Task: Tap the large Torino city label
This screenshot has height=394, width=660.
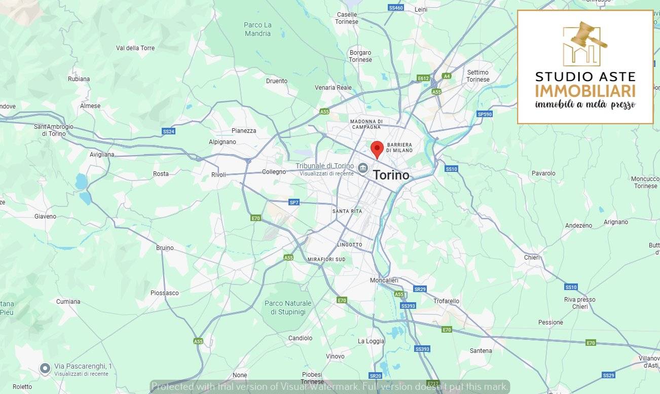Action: pyautogui.click(x=391, y=175)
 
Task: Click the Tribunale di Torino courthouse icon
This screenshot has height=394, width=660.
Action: pyautogui.click(x=363, y=168)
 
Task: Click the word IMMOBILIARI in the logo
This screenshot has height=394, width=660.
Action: pyautogui.click(x=585, y=91)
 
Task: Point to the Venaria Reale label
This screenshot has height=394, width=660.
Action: pyautogui.click(x=333, y=88)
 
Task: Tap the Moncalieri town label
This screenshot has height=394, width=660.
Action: pyautogui.click(x=384, y=280)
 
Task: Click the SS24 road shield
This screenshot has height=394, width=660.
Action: pyautogui.click(x=168, y=131)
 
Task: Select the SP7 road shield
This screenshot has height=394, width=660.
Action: pyautogui.click(x=294, y=202)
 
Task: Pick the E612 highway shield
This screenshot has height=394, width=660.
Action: pyautogui.click(x=423, y=78)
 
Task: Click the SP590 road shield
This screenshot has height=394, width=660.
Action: pyautogui.click(x=485, y=114)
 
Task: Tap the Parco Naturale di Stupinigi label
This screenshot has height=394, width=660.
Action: pyautogui.click(x=288, y=308)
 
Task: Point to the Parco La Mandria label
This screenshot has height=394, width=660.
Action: pyautogui.click(x=258, y=29)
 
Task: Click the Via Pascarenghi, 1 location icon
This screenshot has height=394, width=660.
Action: pyautogui.click(x=45, y=368)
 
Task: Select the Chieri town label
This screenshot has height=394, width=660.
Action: pyautogui.click(x=532, y=258)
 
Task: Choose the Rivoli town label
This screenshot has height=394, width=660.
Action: pyautogui.click(x=218, y=175)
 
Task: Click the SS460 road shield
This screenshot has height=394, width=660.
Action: pyautogui.click(x=395, y=8)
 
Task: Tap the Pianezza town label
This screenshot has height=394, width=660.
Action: pyautogui.click(x=244, y=131)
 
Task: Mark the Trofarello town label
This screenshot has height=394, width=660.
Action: pyautogui.click(x=446, y=301)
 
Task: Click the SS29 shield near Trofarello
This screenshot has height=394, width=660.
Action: pyautogui.click(x=420, y=289)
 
